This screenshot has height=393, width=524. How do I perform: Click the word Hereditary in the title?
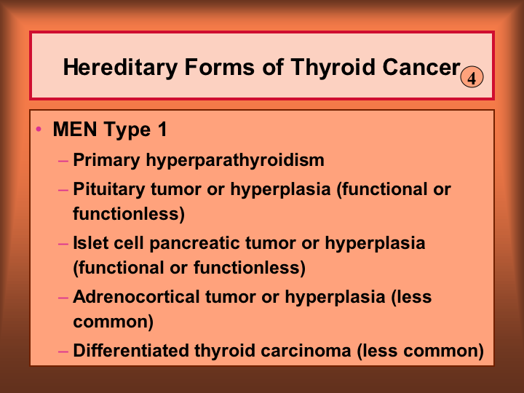click(120, 68)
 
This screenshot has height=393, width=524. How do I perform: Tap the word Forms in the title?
click(220, 67)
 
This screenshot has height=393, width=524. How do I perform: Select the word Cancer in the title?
click(421, 67)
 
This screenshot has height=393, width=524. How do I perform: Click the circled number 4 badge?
click(472, 77)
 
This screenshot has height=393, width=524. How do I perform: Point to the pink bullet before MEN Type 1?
click(39, 129)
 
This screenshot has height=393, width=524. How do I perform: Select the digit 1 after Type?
click(163, 129)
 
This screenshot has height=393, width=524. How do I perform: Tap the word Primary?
click(106, 160)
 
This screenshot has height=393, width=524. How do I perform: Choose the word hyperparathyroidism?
click(235, 160)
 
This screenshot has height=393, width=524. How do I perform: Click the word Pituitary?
click(109, 189)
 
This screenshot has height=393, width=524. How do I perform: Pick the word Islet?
click(90, 242)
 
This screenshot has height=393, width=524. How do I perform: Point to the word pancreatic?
click(194, 243)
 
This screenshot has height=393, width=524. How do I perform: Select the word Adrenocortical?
click(136, 296)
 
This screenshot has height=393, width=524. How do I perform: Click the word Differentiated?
click(131, 350)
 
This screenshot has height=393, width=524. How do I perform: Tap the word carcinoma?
click(306, 351)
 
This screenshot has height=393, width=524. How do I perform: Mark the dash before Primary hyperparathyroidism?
click(63, 162)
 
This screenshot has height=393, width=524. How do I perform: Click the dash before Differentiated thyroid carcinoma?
click(63, 352)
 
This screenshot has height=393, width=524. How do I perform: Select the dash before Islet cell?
click(63, 244)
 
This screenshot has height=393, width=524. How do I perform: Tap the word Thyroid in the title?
click(333, 68)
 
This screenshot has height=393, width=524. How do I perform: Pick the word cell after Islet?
click(128, 242)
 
